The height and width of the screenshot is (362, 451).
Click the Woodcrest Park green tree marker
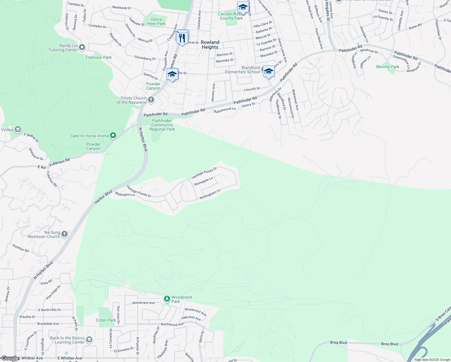[167, 299]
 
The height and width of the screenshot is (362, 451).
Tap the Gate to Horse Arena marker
[113, 136]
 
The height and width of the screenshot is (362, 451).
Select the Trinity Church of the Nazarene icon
[151, 100]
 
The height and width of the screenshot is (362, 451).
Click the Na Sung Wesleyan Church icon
[64, 234]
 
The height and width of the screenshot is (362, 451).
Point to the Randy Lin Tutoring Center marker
[82, 47]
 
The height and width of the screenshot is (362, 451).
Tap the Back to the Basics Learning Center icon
[89, 340]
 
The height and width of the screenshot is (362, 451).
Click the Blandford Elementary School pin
[268, 72]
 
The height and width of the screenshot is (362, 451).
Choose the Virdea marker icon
[17, 130]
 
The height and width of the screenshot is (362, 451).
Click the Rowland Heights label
[210, 45]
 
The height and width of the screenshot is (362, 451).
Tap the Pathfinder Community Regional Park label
[162, 125]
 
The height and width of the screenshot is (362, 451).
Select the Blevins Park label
[388, 67]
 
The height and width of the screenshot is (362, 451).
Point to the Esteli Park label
[106, 320]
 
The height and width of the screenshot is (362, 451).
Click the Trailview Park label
[98, 57]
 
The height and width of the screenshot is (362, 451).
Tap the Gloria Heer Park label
[156, 21]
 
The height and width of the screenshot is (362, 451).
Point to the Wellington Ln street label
[125, 195]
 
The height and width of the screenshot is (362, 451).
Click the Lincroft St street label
[252, 89]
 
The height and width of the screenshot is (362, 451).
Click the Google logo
[10, 358]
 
